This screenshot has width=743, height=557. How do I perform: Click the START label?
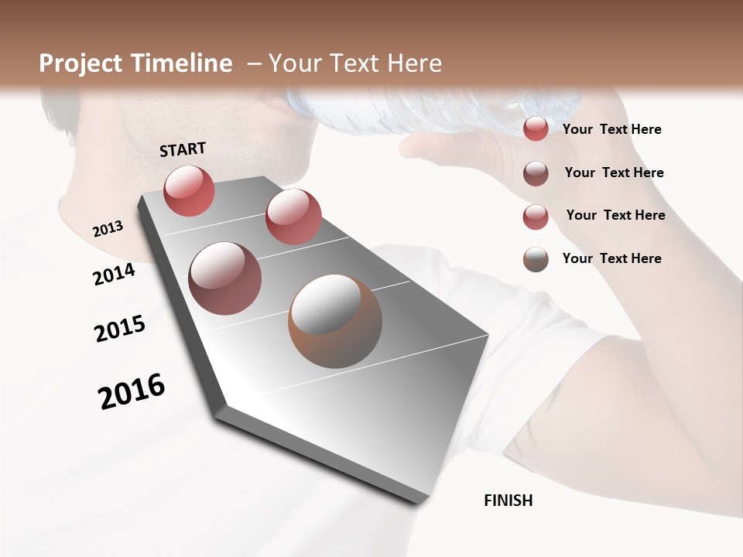[183, 149]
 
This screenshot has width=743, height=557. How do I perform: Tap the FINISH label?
[508, 501]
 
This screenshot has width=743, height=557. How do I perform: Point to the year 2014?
[114, 275]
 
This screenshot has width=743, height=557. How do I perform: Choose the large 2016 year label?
[132, 391]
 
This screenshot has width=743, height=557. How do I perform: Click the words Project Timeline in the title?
[135, 63]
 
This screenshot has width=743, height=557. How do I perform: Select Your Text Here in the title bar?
[354, 63]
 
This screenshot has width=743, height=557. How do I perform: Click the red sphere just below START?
[189, 190]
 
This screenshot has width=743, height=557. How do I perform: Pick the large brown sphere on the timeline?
[334, 321]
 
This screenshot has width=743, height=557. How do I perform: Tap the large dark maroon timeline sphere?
[224, 278]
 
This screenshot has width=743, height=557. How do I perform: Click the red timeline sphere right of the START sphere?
[293, 216]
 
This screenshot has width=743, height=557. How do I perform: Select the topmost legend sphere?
[536, 128]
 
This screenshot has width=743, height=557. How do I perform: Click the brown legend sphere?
[536, 259]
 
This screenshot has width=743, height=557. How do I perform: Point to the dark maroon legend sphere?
[536, 173]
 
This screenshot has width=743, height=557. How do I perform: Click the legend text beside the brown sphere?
[611, 258]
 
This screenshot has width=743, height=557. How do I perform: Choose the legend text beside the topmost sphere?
[611, 129]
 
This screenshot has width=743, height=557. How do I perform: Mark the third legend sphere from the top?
[536, 217]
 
